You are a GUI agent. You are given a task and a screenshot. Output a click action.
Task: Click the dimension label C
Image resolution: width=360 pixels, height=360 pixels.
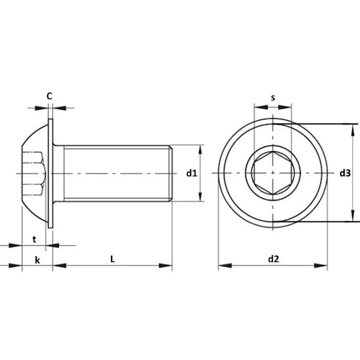coord(49,96)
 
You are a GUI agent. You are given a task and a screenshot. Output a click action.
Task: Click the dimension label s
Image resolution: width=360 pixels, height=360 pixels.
coord(273,98)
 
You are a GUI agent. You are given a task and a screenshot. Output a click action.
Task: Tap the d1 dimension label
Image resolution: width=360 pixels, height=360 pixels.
coord(192,173)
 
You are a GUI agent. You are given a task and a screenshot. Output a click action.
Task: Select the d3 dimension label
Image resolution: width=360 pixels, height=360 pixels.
coord(345,173)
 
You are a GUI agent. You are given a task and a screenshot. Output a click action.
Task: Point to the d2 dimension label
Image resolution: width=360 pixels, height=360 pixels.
coord(274,259)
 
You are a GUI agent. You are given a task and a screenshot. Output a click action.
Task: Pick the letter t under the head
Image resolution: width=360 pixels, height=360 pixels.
coord(34,239)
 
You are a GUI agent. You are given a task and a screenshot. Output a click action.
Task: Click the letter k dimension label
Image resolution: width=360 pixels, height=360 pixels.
coord(37,260)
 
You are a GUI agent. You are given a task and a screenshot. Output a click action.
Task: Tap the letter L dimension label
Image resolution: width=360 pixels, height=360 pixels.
coord(113,259)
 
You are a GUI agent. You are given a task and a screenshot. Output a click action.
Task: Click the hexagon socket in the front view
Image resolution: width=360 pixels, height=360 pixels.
coord(273,173)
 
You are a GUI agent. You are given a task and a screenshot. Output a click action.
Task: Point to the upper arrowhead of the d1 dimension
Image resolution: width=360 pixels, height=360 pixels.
coord(200,151)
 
